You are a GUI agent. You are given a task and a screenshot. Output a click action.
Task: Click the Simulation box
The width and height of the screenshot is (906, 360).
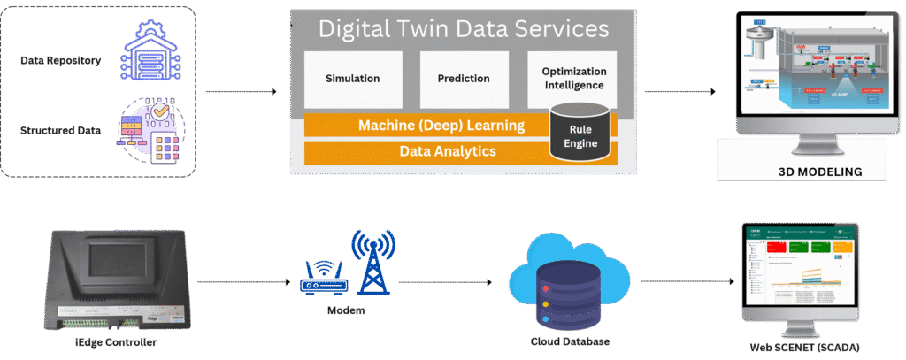(x=352, y=79)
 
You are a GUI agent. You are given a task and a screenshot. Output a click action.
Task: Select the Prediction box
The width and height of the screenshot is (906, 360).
(x=464, y=79)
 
